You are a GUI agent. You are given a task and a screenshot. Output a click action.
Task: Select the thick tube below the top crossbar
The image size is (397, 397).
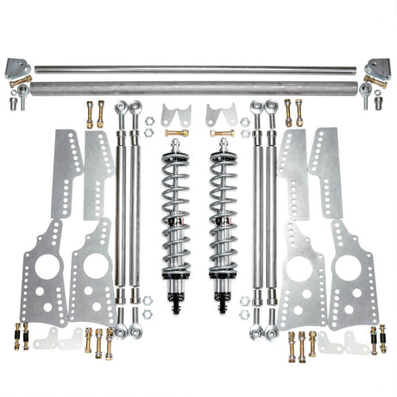click(x=198, y=86)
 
